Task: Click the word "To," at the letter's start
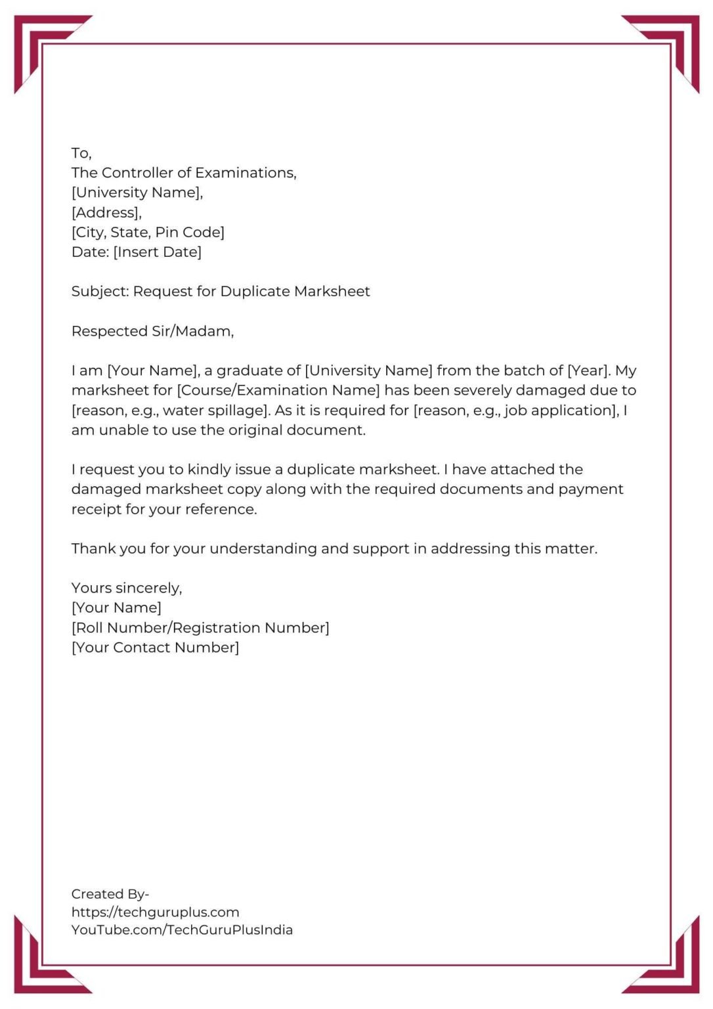(x=81, y=153)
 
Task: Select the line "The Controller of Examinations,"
(x=184, y=173)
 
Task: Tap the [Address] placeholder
(x=106, y=212)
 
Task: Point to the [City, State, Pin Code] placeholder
(x=148, y=232)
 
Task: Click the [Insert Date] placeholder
(x=158, y=252)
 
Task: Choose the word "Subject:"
(x=100, y=291)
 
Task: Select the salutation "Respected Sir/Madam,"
(x=152, y=331)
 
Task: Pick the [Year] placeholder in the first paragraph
(x=588, y=370)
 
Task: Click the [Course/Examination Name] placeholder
(x=278, y=390)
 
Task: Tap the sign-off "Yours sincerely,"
(x=127, y=588)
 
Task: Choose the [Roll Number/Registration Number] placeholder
(x=200, y=627)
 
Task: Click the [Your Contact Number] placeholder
(x=155, y=647)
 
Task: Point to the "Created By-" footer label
(x=110, y=894)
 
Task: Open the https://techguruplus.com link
(x=155, y=912)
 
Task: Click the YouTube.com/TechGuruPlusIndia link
(x=182, y=930)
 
